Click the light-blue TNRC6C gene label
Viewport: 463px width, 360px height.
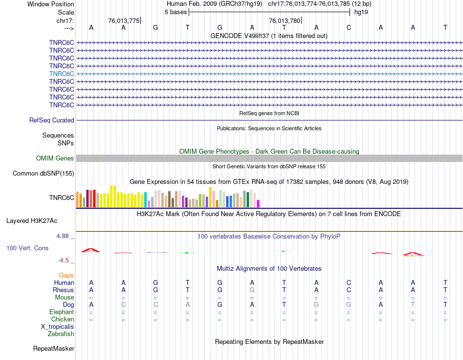(61, 74)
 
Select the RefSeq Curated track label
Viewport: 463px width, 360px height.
(52, 120)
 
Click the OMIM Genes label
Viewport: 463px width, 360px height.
(55, 158)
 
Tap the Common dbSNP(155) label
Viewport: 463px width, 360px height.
(43, 173)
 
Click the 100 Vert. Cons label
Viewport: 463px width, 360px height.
(27, 248)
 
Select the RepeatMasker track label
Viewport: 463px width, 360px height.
(54, 348)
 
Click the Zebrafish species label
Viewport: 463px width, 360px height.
(61, 334)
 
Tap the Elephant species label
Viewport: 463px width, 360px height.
(61, 312)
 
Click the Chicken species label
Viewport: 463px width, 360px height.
(62, 319)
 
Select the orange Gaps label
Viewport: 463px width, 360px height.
(66, 276)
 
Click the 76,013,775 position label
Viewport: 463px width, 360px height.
(124, 20)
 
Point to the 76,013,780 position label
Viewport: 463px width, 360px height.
(285, 20)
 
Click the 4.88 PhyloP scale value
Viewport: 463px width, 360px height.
(64, 236)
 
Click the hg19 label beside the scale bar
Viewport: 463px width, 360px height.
(361, 12)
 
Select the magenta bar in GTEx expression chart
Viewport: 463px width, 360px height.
(258, 203)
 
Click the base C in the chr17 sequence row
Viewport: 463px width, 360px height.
(348, 28)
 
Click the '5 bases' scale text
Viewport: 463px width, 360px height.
(175, 12)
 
